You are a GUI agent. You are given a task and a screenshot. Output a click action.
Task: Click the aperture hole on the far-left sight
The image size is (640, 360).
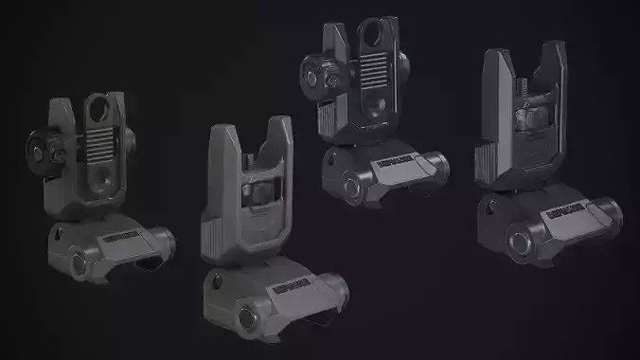[99, 111]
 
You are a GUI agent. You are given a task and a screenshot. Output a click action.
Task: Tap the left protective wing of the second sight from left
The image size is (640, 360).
[220, 180]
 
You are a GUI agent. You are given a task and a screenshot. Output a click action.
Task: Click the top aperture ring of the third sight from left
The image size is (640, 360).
[372, 39]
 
